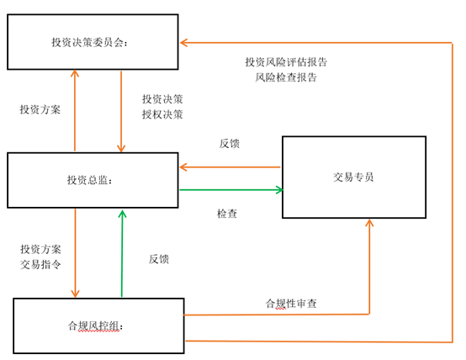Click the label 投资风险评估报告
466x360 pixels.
(286, 62)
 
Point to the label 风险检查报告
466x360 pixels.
(286, 77)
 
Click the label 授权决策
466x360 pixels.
(162, 114)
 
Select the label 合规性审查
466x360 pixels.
(291, 304)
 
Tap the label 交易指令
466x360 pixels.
(40, 264)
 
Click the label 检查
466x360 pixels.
(227, 214)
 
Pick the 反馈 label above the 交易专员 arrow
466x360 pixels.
(230, 144)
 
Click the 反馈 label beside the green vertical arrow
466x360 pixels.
(159, 259)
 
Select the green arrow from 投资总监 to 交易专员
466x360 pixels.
(231, 189)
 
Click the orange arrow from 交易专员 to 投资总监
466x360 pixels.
(230, 167)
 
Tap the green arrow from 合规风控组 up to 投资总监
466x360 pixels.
(122, 253)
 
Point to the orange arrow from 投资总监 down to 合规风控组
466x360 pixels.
(75, 253)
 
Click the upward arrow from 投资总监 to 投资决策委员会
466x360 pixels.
(75, 110)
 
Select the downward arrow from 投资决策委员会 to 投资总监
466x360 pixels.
(121, 112)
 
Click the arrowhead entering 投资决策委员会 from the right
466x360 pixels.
(183, 43)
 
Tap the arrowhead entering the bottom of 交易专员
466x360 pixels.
(369, 223)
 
